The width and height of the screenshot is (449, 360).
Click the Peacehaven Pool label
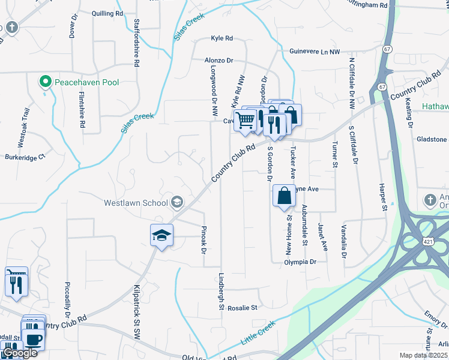[86, 82]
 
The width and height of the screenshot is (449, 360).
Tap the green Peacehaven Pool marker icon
[44, 82]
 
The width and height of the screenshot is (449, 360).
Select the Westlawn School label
[135, 202]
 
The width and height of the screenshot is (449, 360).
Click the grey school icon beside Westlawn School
[176, 202]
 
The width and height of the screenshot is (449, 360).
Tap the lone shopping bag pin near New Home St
[284, 196]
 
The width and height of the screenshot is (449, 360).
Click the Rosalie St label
[242, 307]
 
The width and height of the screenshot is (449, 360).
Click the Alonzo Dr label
[218, 61]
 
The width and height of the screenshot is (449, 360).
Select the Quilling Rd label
[107, 13]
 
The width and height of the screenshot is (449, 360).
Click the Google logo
[19, 353]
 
